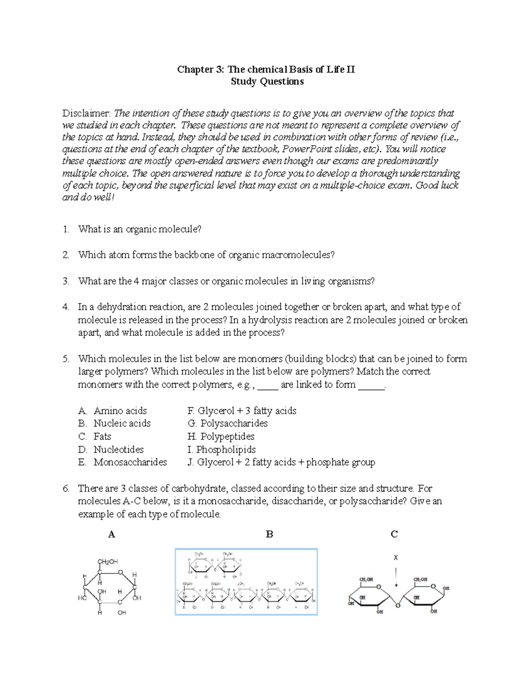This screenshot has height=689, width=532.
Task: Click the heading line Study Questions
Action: pyautogui.click(x=267, y=81)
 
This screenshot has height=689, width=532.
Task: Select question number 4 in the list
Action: pyautogui.click(x=66, y=307)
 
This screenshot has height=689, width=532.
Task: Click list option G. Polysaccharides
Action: pyautogui.click(x=227, y=424)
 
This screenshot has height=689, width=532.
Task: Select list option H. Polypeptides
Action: pyautogui.click(x=221, y=437)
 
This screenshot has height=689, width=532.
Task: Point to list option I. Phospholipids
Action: pyautogui.click(x=221, y=449)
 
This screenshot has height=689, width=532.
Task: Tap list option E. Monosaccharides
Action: pyautogui.click(x=122, y=462)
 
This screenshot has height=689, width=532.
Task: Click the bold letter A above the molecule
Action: pyautogui.click(x=112, y=535)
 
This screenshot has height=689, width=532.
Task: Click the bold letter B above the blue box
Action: pyautogui.click(x=269, y=535)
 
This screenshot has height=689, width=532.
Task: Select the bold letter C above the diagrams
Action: pyautogui.click(x=394, y=535)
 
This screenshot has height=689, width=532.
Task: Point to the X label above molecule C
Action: pyautogui.click(x=396, y=558)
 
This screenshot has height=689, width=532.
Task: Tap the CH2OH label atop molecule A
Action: pyautogui.click(x=108, y=561)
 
